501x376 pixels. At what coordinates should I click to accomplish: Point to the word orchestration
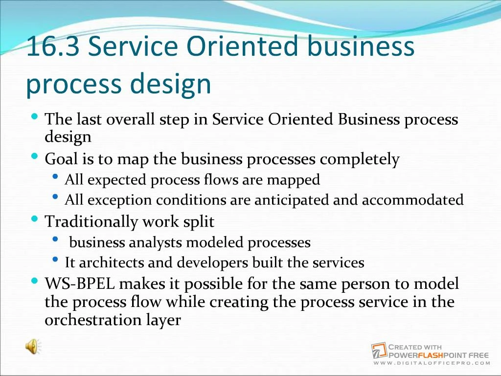click(89, 320)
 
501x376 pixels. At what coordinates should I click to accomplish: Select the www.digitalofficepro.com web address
click(431, 363)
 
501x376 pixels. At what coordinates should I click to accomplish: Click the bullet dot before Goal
click(34, 157)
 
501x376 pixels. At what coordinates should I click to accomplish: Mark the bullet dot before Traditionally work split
click(34, 219)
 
